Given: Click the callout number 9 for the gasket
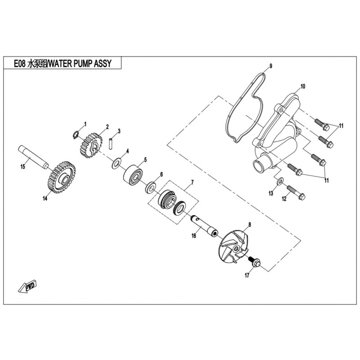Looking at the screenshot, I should pos(271,67).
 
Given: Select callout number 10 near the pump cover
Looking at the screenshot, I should pos(302,85).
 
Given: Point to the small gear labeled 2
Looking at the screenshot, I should pos(94,145).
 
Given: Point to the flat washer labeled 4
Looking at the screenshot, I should pos(117,161).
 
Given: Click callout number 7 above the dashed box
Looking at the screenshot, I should pos(192,182).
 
